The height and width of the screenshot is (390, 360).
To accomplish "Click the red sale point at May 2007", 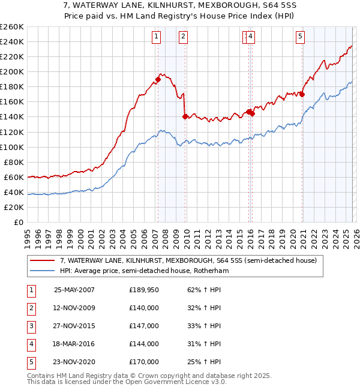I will pos(158,79).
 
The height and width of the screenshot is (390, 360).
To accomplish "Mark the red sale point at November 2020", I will pos(302,94).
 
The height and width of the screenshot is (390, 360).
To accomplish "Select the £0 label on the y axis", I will pos(19,222).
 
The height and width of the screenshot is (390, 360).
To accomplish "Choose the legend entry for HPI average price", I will pos(144,271).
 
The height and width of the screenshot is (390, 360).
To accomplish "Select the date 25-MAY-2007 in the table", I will pos(74,290).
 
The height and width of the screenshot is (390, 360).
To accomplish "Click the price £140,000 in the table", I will pos(144,308).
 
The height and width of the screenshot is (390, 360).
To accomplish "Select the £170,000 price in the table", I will pos(144,362).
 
